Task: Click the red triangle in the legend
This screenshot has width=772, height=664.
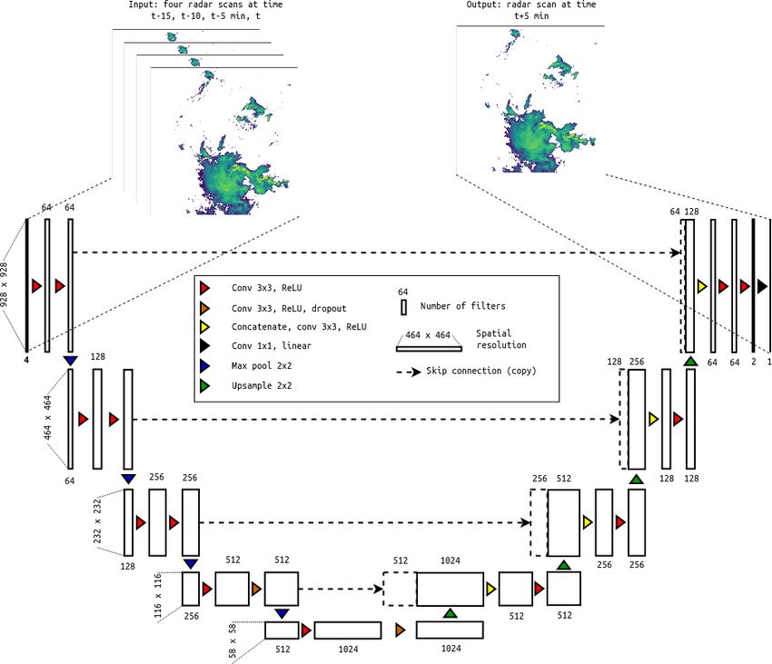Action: (x=204, y=288)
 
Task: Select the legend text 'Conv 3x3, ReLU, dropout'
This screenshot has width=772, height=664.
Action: (x=289, y=308)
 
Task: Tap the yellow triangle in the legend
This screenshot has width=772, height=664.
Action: (x=204, y=327)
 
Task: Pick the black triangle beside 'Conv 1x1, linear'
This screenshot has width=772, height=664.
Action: (x=204, y=346)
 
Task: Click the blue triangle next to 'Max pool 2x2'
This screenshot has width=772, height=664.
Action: (x=204, y=366)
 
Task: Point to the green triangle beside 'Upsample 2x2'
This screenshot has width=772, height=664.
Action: (x=204, y=386)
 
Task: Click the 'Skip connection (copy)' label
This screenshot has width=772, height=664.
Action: (x=481, y=371)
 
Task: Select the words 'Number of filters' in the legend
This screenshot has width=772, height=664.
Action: (x=463, y=306)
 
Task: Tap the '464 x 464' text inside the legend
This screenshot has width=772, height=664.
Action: (x=428, y=335)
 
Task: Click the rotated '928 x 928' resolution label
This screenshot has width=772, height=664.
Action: (x=4, y=284)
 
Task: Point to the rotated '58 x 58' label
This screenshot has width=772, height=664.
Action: (x=233, y=641)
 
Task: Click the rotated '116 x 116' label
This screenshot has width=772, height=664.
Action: (x=157, y=596)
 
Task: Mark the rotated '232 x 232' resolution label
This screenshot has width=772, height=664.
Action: (x=97, y=521)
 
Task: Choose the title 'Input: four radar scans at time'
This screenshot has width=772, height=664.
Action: (x=205, y=5)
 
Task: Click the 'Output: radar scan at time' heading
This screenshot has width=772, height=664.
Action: (x=531, y=5)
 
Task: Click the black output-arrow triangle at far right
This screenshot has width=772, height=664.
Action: (x=762, y=286)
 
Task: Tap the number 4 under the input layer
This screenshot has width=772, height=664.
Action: (x=26, y=360)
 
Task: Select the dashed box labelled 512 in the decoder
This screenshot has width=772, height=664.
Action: (x=400, y=589)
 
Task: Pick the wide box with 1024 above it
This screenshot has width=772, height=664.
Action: (x=450, y=589)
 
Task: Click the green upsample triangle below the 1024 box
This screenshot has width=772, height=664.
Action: (x=450, y=613)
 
